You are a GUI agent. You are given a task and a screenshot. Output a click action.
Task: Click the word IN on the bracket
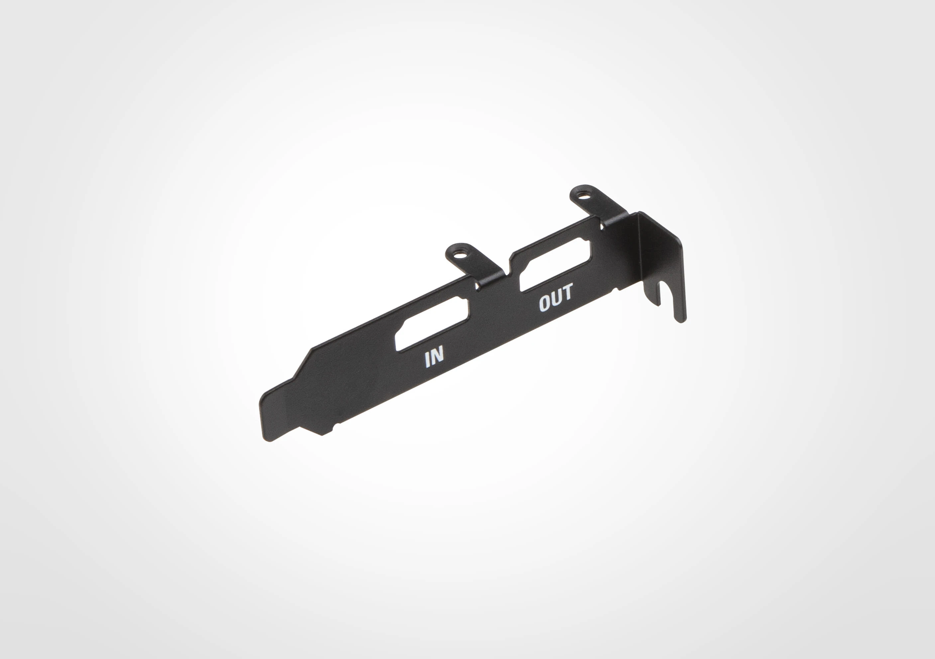[x=434, y=357]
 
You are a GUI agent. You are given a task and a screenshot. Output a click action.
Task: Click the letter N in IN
[x=437, y=356]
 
